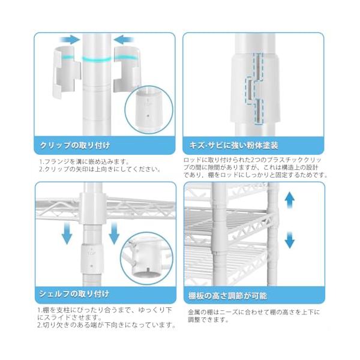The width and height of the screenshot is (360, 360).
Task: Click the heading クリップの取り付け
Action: coord(75,145)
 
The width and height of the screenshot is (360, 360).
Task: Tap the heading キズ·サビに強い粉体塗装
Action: coord(234,145)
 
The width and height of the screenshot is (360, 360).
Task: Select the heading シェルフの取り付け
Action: coord(74,294)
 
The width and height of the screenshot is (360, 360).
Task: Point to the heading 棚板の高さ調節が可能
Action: coord(227,296)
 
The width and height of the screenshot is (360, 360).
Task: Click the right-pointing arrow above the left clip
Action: coord(70,40)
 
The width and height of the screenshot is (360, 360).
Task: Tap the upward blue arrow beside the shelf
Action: coord(290,200)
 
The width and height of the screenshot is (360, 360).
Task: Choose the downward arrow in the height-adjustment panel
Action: coord(290,240)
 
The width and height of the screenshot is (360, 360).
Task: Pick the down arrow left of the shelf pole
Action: coord(67,233)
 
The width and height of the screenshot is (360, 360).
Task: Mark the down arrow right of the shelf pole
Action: coord(114,233)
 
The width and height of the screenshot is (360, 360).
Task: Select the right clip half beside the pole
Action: coord(127,69)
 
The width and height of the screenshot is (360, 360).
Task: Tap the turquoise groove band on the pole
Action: coord(97,59)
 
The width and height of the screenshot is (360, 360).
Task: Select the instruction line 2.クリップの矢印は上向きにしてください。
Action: coord(100,169)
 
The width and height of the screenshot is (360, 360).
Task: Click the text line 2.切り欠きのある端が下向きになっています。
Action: coord(106,325)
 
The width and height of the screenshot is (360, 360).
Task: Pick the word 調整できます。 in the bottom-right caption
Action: coord(208,320)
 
